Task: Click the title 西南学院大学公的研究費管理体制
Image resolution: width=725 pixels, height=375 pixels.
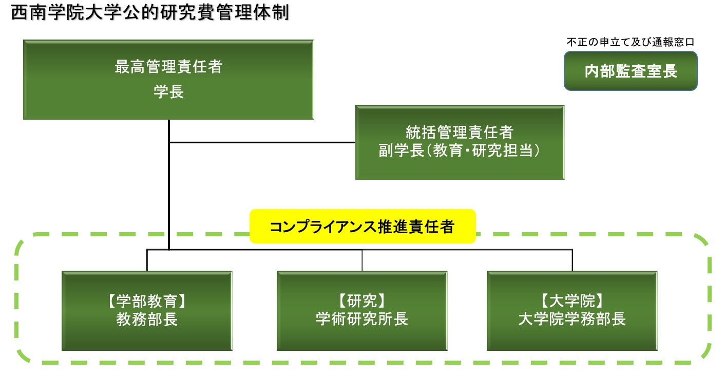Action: click(150, 12)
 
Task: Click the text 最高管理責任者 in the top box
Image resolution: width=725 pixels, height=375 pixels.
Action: click(168, 67)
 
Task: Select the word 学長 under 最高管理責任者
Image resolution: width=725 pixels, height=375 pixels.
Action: click(168, 91)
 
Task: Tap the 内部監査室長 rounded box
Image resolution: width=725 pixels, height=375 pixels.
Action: click(631, 71)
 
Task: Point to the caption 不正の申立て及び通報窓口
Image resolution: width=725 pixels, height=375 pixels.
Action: click(631, 42)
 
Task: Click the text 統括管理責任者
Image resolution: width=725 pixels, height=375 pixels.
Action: click(460, 132)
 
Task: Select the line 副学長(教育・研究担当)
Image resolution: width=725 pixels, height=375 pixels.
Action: click(460, 151)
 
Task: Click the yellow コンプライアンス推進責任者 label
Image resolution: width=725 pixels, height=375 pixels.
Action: click(362, 227)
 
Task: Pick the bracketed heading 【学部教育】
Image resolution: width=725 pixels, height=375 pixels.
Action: click(147, 301)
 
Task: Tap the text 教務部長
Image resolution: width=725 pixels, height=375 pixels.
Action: click(147, 320)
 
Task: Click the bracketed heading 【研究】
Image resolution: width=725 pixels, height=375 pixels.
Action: click(362, 301)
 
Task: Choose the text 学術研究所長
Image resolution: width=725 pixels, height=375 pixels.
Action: click(362, 319)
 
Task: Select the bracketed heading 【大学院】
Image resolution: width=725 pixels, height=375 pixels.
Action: click(572, 301)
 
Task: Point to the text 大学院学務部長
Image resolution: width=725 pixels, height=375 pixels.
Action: click(572, 319)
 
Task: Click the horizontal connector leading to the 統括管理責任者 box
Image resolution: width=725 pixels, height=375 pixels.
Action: click(262, 142)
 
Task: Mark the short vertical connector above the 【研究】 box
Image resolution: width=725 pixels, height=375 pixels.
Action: click(362, 260)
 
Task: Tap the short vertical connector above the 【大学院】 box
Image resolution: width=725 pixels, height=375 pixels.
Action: click(572, 260)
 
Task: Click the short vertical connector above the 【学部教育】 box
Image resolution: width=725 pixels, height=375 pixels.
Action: click(147, 260)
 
